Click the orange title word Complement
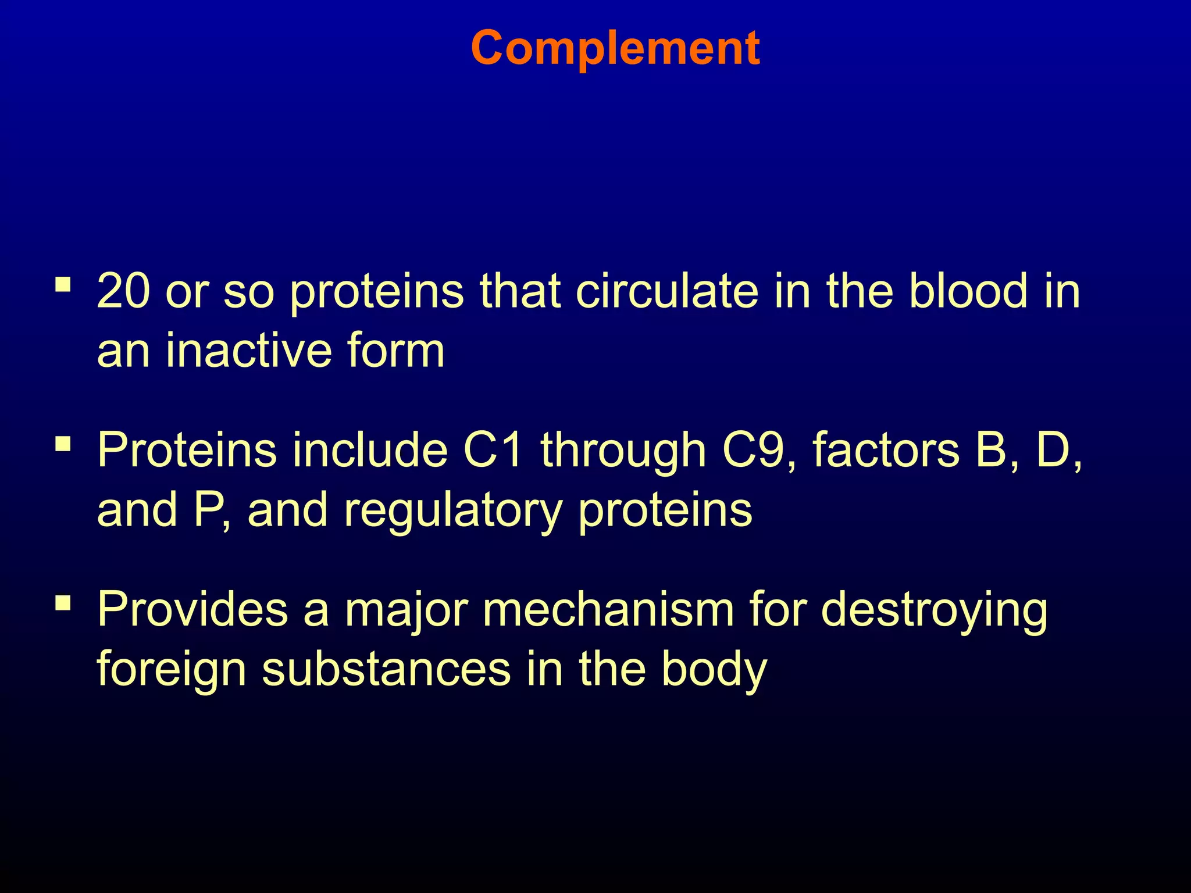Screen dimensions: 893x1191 pos(615,49)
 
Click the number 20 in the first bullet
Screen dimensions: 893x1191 pos(123,291)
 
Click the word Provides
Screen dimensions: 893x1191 pos(192,610)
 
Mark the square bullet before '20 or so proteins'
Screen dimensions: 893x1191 pos(63,285)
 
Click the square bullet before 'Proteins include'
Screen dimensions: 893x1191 pos(63,445)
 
